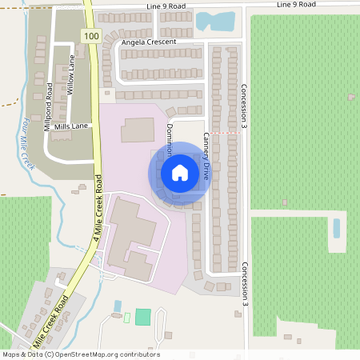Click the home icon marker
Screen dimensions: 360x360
coord(180,172)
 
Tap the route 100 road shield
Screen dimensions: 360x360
coord(91,37)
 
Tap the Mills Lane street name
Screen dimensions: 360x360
coord(71,126)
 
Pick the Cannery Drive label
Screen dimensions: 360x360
coord(206,155)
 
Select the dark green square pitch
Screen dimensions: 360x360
coord(142,316)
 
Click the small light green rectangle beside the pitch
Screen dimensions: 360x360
coord(126,318)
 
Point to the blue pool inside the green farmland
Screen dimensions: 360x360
coord(336,228)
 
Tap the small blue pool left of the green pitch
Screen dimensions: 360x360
coord(118,306)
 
